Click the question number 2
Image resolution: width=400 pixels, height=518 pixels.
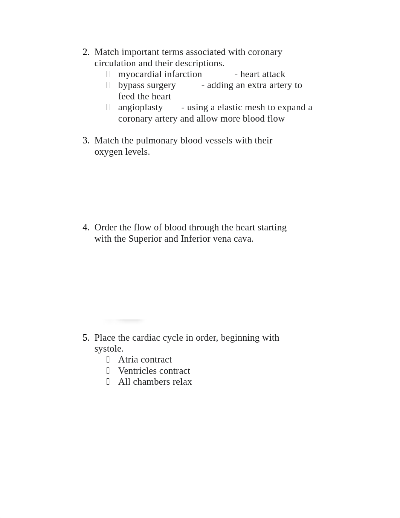coord(86,52)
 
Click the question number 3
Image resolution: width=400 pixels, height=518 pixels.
coord(86,141)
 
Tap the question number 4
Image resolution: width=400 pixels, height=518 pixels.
coord(86,228)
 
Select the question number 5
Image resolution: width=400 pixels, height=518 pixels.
coord(86,338)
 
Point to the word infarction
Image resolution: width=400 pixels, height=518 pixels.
coord(183,75)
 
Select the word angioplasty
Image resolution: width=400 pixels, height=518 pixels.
coord(140,108)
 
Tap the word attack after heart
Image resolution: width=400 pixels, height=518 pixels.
coord(273,75)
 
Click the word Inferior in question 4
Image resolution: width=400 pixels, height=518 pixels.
coord(195,239)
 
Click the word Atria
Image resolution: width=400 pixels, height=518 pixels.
coord(128,360)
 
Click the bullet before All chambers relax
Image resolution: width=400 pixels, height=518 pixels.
coord(108,382)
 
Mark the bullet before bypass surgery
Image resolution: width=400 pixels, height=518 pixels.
coord(108,85)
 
